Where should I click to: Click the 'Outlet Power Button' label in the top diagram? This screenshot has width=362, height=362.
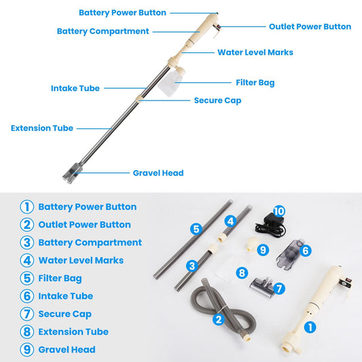[310, 26]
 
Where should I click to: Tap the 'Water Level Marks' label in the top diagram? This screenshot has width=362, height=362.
[255, 52]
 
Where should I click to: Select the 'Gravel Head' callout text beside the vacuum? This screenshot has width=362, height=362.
[158, 173]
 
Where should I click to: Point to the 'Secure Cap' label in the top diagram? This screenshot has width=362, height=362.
[218, 101]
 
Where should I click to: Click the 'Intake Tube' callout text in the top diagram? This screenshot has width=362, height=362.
[75, 88]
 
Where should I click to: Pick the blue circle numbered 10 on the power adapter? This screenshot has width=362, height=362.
[279, 211]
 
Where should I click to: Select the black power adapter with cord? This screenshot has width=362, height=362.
[270, 225]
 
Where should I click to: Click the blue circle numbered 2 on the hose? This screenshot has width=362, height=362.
[219, 319]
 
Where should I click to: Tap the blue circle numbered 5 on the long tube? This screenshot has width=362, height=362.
[196, 230]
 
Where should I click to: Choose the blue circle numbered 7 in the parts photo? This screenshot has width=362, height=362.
[279, 289]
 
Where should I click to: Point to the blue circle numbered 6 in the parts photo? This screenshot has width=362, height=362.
[306, 251]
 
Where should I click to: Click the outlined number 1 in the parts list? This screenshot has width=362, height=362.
[26, 207]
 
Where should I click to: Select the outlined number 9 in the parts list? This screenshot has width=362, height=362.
[26, 350]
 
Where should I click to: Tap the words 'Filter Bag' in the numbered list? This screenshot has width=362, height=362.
[60, 278]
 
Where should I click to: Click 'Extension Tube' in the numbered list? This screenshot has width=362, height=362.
[73, 331]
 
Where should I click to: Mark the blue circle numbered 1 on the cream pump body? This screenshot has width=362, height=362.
[310, 327]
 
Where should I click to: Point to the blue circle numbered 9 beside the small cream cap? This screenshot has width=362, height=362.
[263, 250]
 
